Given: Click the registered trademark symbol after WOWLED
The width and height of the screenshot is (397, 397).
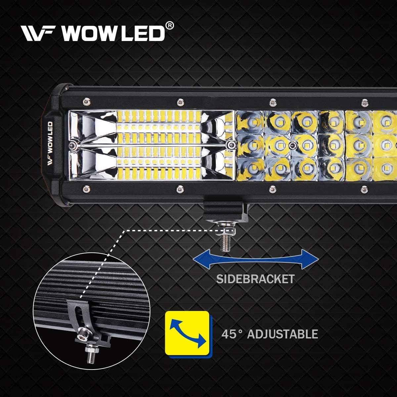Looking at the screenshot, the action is click(170, 26).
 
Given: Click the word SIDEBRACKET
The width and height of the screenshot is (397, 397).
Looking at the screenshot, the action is click(255, 279).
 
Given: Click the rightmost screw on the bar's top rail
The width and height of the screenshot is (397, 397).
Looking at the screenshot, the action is click(365, 102).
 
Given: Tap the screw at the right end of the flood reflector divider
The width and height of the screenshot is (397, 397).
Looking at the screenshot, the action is click(232, 144).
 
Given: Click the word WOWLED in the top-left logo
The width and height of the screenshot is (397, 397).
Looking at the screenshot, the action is click(113, 33).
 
